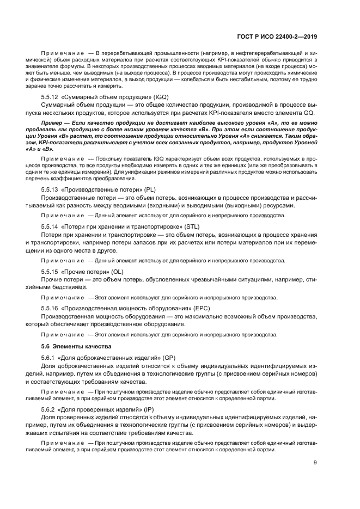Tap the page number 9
tap(315, 463)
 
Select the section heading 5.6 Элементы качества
tap(76, 346)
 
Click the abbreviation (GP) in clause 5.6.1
tap(169, 357)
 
